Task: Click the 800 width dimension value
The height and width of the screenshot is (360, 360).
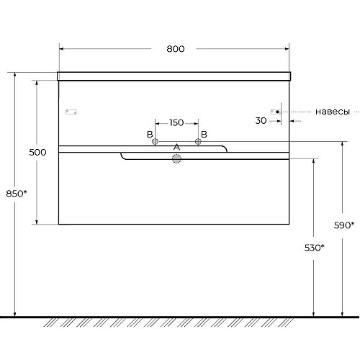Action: tap(176, 49)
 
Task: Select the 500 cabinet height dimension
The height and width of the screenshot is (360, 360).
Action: tap(37, 153)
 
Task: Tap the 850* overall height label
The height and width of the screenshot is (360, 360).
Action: tap(17, 194)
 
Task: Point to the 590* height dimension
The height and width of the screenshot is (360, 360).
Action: tap(344, 225)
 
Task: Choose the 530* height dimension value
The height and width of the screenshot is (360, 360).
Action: tap(314, 248)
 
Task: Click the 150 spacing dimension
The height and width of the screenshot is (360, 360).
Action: tap(176, 123)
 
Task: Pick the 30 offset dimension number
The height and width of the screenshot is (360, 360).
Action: tap(261, 120)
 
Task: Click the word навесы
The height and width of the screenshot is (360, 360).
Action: tap(333, 112)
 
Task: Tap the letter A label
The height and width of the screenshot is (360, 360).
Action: tap(176, 147)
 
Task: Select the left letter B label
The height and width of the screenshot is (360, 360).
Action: tap(150, 135)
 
